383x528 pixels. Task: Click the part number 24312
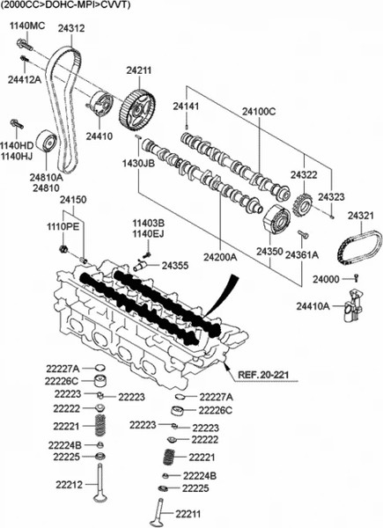coord(71,29)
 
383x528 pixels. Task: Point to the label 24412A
coord(25,79)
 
